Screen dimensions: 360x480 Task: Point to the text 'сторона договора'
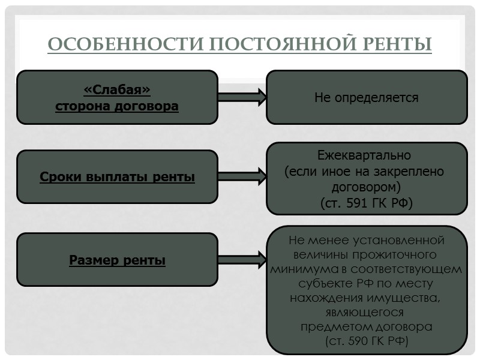point(117,106)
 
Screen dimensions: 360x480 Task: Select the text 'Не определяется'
point(367,97)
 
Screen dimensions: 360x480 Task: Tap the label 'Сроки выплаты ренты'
point(117,178)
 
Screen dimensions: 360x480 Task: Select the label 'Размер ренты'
point(117,260)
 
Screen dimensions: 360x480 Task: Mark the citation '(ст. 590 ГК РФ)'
point(367,341)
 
